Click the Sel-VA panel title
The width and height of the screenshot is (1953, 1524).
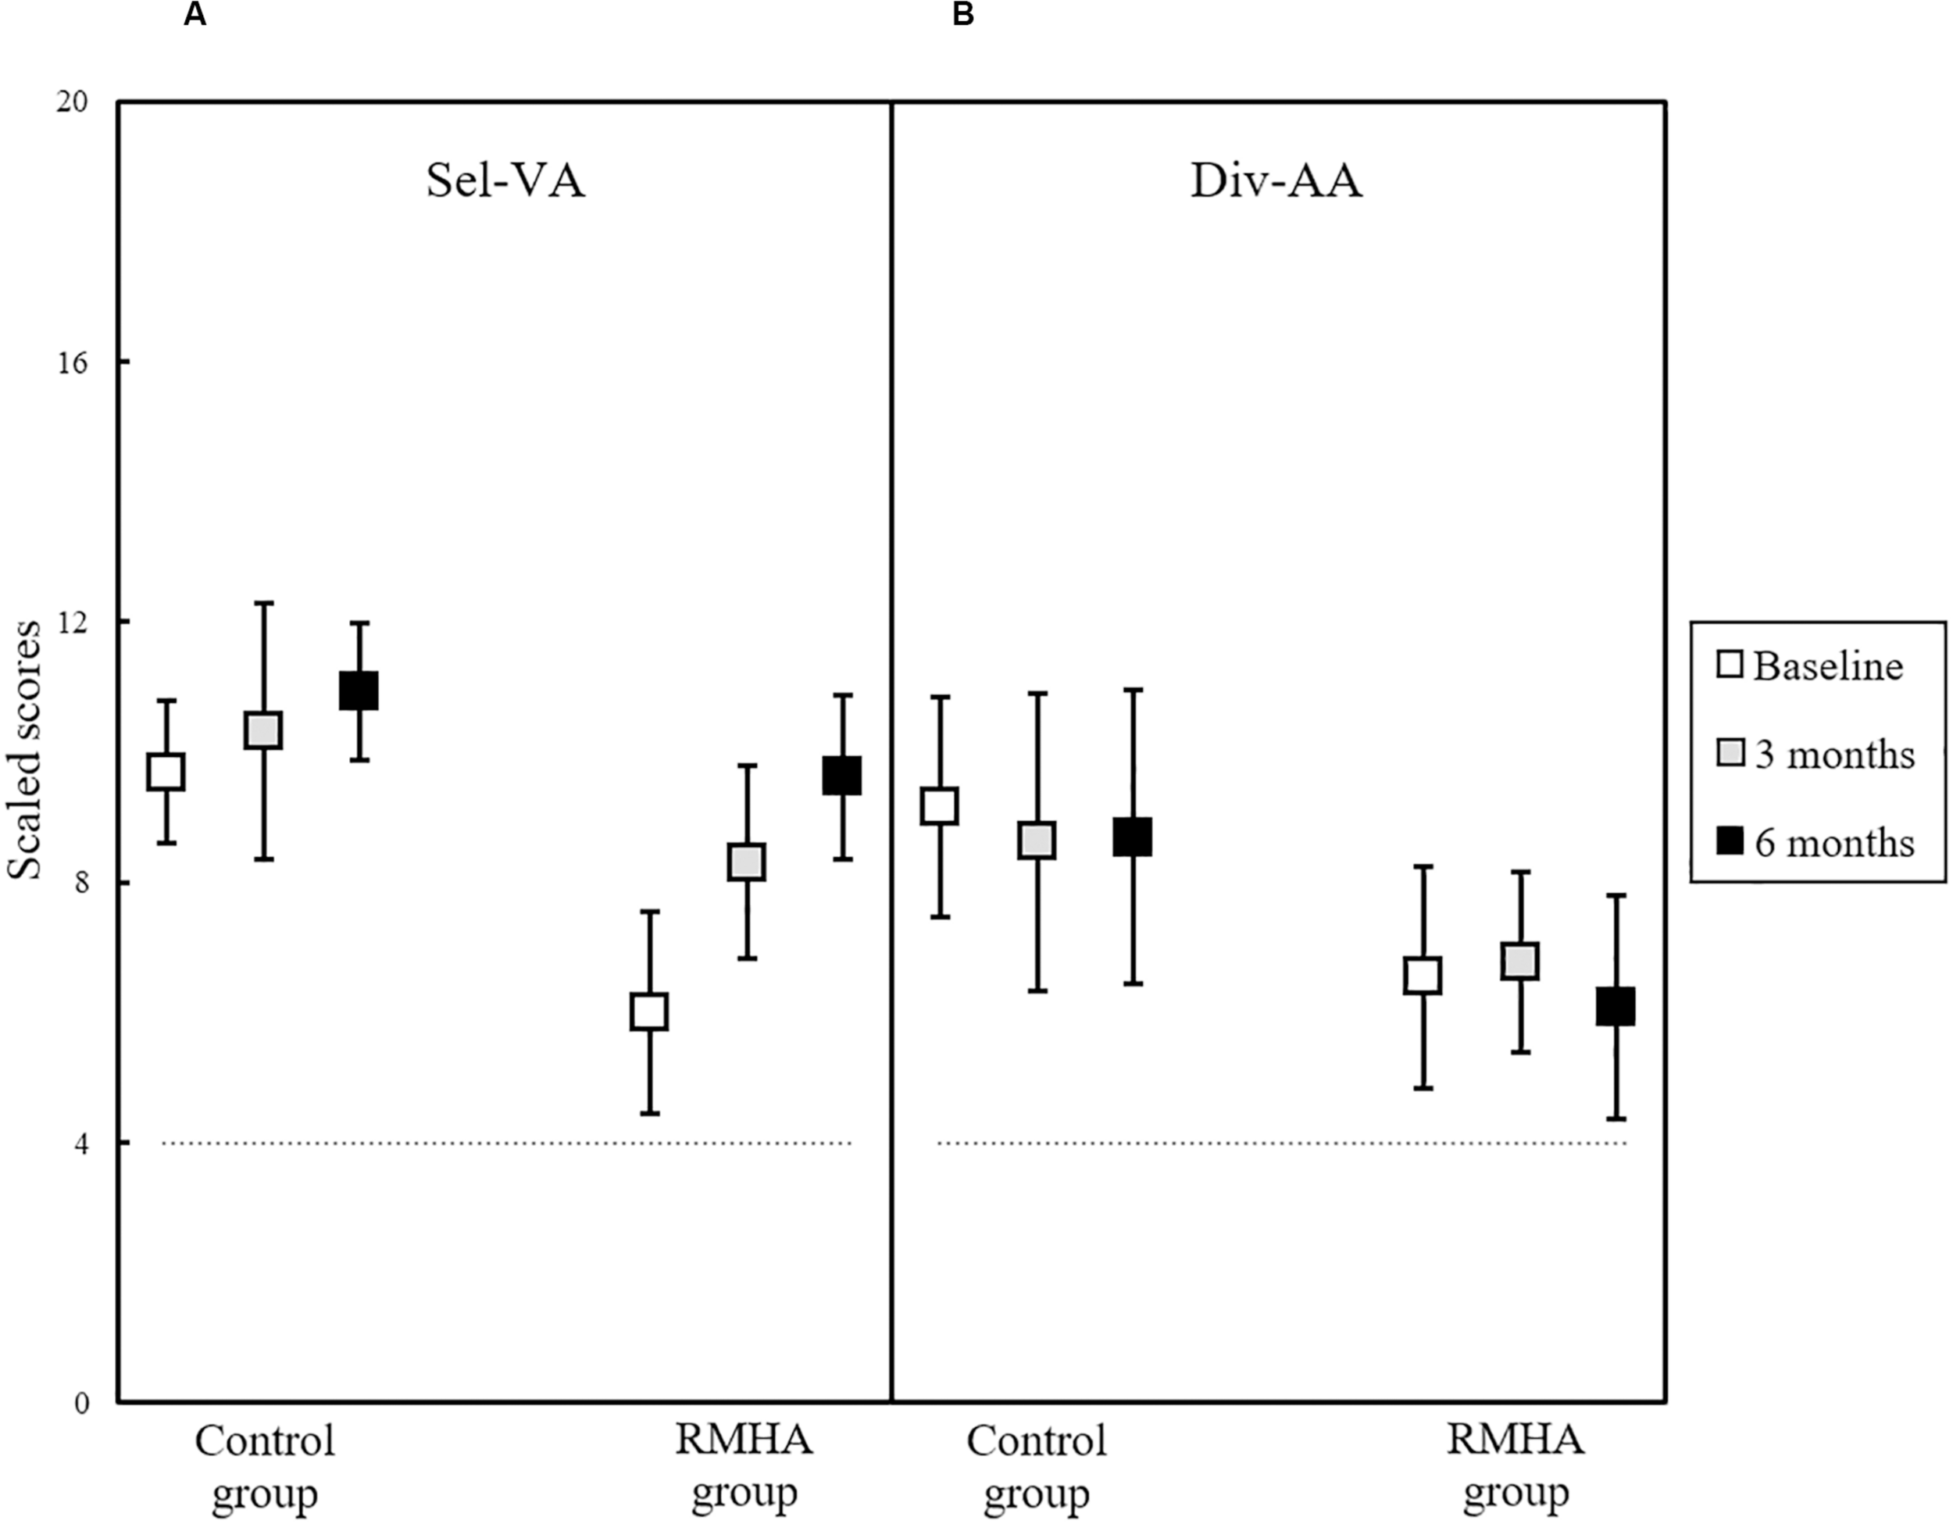pyautogui.click(x=505, y=180)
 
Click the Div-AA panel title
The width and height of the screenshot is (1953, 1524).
pyautogui.click(x=1276, y=180)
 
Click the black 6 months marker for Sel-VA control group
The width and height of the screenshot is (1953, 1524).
pyautogui.click(x=359, y=691)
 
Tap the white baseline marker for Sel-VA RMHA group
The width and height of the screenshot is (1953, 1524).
pyautogui.click(x=649, y=1012)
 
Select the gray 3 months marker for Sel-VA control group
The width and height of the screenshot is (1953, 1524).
pyautogui.click(x=264, y=730)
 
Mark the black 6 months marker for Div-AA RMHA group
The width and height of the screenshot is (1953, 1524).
pyautogui.click(x=1616, y=1006)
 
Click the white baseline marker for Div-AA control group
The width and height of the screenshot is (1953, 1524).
pyautogui.click(x=941, y=806)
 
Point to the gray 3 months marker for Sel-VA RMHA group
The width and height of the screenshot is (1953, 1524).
pyautogui.click(x=746, y=862)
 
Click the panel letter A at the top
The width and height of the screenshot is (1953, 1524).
pyautogui.click(x=195, y=15)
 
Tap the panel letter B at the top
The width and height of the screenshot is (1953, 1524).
pyautogui.click(x=963, y=15)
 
